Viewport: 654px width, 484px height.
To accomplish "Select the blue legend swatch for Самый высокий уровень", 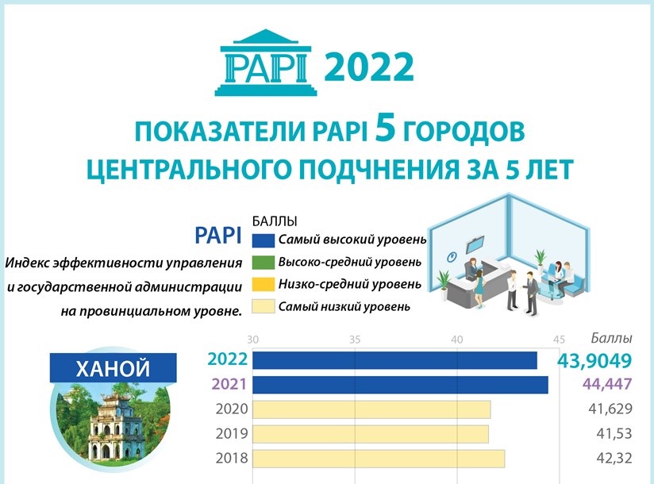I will (x=263, y=240).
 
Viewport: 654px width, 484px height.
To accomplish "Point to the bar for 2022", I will (x=394, y=360).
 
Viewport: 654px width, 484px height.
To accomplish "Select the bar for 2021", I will (x=400, y=385).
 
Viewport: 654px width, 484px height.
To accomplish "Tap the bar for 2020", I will (x=371, y=409).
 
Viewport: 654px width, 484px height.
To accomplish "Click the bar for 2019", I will (x=371, y=434).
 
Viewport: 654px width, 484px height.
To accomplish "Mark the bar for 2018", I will (x=379, y=459).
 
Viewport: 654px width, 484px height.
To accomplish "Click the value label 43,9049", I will (x=594, y=361).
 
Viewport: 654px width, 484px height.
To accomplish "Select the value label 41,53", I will (x=615, y=435).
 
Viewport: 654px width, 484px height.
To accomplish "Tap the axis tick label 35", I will (x=355, y=340).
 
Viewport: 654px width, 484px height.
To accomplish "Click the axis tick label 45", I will (x=559, y=340).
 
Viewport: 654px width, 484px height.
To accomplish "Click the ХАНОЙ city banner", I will (x=113, y=369).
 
